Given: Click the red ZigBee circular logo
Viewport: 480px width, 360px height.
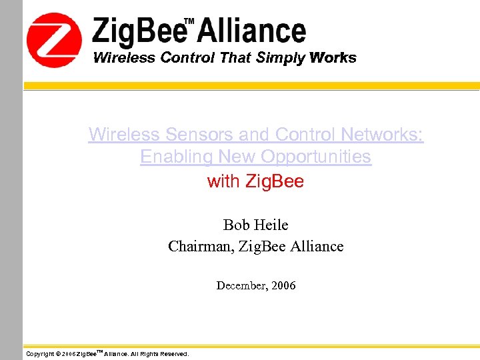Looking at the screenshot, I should click(x=53, y=40).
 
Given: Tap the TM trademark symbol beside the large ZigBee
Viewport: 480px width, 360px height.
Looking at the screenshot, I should click(x=189, y=21).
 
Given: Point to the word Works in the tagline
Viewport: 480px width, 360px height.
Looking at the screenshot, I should click(x=333, y=57).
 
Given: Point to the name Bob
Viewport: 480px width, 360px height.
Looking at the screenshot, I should click(x=236, y=225).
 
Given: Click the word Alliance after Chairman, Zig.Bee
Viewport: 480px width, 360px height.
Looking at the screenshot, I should click(x=317, y=246).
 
